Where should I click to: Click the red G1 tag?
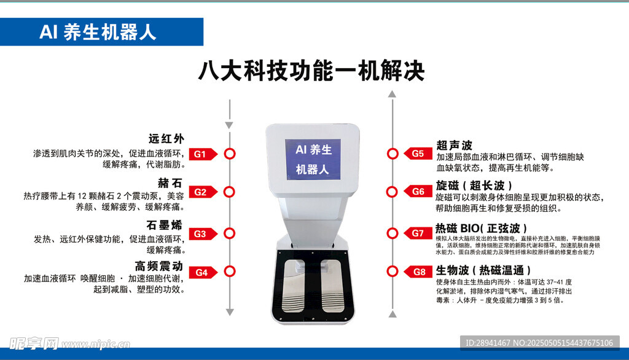[203, 154]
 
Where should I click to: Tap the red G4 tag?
[203, 273]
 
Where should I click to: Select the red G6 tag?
[418, 192]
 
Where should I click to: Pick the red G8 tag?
[418, 272]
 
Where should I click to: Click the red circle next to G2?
[229, 192]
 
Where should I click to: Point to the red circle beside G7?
[393, 233]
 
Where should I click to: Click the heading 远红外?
[166, 139]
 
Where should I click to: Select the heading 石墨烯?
[165, 225]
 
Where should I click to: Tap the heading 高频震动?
[159, 266]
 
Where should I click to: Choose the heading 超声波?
[454, 145]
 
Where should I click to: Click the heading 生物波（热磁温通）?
[483, 270]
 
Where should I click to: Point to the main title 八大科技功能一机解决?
[311, 71]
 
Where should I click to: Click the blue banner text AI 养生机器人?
[98, 32]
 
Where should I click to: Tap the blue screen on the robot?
[313, 159]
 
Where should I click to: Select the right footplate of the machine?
[332, 285]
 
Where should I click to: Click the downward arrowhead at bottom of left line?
[230, 312]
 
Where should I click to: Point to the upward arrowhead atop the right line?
[393, 94]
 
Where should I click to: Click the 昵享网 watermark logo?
[34, 343]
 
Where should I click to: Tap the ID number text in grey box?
[539, 343]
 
